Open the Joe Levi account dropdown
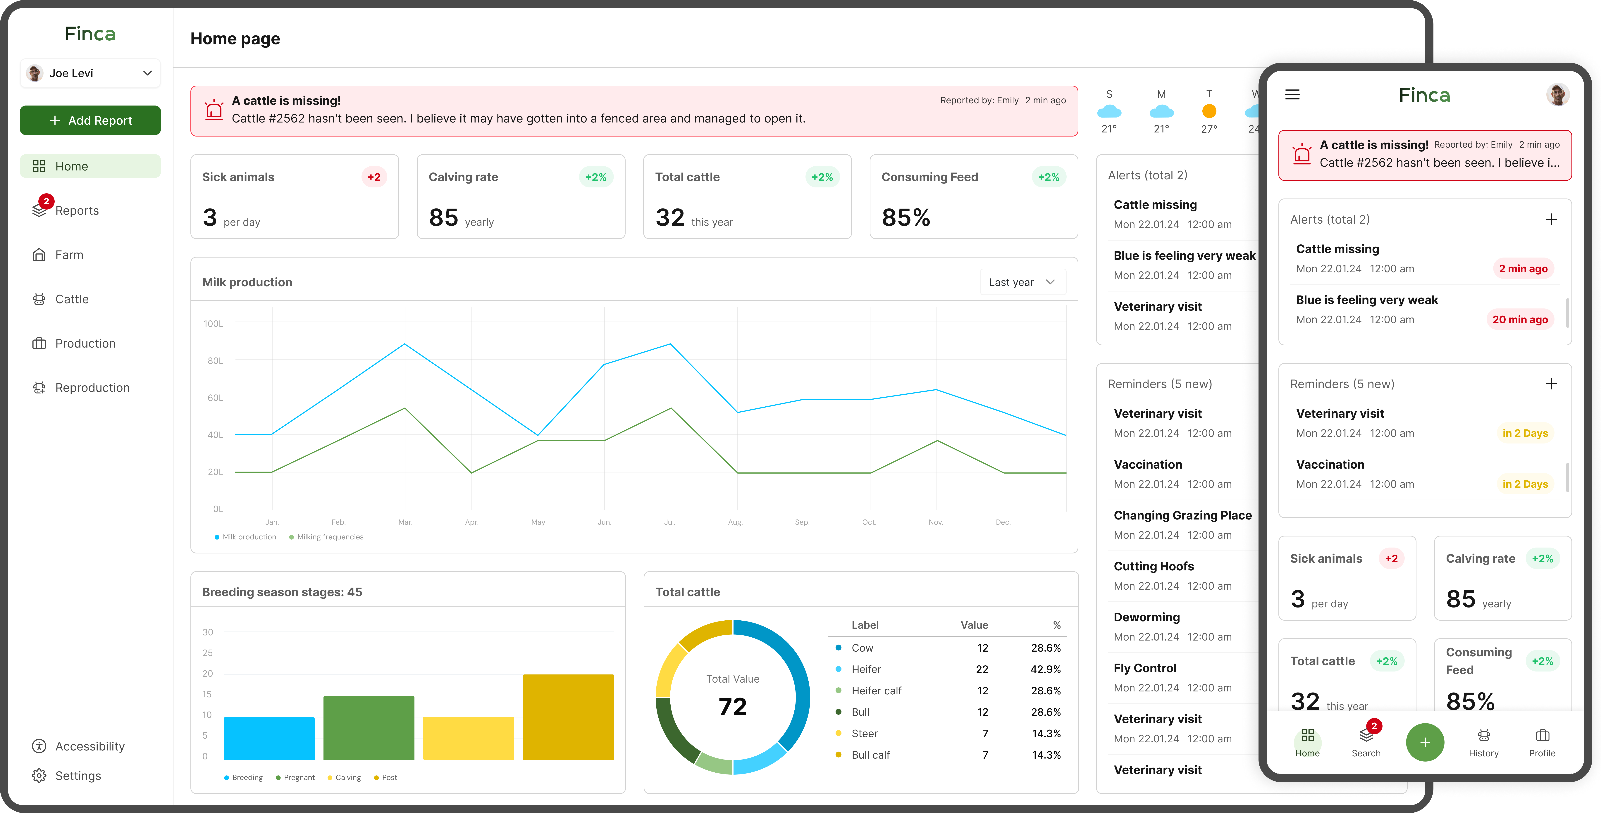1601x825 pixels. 90,73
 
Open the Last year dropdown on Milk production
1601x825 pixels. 1022,282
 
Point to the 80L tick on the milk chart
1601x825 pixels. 215,361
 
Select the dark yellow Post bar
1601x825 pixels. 568,717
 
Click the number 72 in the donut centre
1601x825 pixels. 733,706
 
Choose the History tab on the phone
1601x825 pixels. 1483,742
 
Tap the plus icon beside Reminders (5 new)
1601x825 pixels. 1551,384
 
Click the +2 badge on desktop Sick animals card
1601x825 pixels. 373,177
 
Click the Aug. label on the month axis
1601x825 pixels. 735,522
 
